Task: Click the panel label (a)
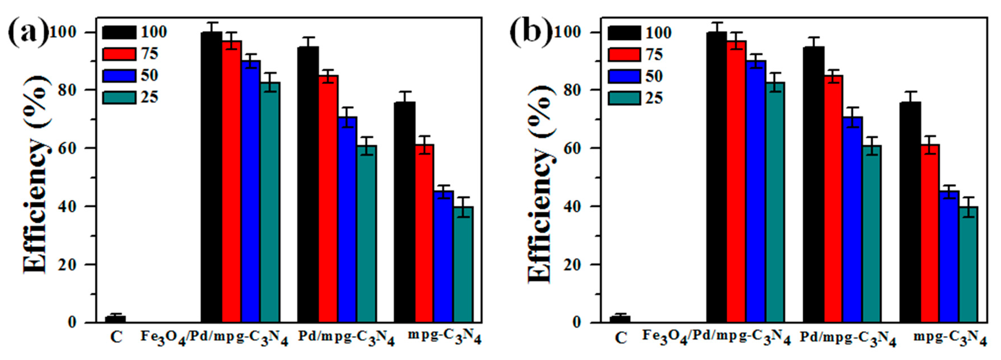(28, 33)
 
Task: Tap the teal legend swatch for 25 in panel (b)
(624, 98)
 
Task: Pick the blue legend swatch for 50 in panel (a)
(119, 75)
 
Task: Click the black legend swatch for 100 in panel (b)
(624, 33)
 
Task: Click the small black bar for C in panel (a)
(115, 319)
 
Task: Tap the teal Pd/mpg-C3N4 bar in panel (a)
(366, 233)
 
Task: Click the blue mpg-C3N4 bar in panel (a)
(444, 256)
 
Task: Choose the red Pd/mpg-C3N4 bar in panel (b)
(833, 198)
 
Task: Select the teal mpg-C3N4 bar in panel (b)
(968, 264)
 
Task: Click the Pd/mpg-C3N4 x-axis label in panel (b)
(847, 339)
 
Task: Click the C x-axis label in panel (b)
(621, 338)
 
